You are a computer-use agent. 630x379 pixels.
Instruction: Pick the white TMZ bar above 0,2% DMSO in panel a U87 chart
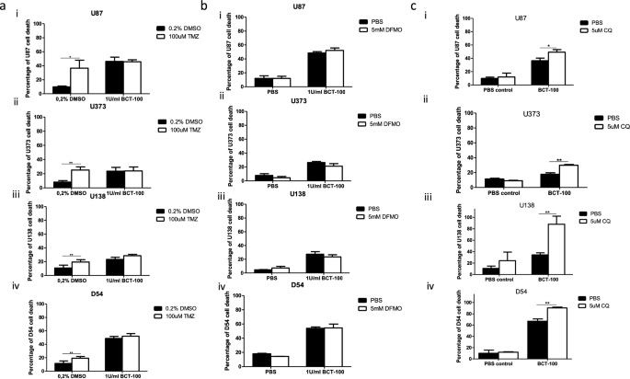[79, 80]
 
